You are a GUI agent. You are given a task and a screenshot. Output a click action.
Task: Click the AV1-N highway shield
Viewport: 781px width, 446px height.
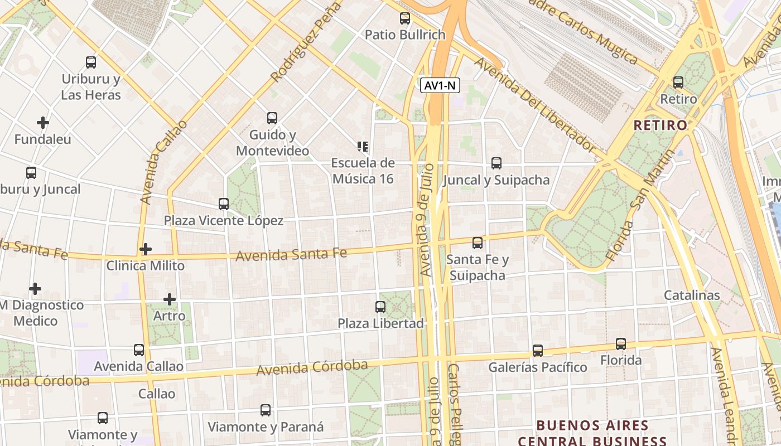[x=441, y=85]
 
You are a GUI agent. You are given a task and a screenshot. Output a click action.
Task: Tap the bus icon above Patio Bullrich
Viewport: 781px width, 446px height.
[x=405, y=18]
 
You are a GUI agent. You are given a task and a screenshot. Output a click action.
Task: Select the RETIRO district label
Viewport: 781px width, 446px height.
[x=661, y=125]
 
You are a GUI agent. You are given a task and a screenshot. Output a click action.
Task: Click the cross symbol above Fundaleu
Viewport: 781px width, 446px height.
[x=43, y=122]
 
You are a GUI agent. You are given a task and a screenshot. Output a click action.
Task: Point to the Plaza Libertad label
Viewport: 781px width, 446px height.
[x=381, y=323]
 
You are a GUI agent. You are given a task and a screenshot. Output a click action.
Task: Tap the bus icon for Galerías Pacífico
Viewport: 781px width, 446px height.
[x=537, y=351]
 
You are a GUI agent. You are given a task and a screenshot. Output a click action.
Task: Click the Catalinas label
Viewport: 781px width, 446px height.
[x=692, y=295]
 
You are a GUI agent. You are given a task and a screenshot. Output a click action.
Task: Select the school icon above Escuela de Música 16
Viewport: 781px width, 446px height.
[x=363, y=147]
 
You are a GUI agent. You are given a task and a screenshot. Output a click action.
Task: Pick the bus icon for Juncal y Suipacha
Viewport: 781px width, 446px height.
[x=496, y=163]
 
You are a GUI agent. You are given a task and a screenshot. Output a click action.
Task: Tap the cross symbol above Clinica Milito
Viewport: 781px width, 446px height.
[x=146, y=249]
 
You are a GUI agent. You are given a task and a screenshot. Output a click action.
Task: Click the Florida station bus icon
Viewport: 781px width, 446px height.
[x=621, y=344]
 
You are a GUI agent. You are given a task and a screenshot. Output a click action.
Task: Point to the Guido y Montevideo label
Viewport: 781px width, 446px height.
[x=272, y=143]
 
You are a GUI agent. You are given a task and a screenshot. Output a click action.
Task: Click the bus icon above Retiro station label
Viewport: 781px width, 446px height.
[x=678, y=83]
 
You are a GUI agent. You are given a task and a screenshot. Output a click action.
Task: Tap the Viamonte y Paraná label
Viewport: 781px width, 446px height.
[x=266, y=427]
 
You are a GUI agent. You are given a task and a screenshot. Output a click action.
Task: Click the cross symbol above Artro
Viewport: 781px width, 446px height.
[x=170, y=299]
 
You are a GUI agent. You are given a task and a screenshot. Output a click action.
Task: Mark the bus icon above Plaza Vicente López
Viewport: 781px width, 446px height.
[x=224, y=204]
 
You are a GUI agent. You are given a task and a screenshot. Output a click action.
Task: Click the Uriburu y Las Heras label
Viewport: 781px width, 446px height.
[x=91, y=87]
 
